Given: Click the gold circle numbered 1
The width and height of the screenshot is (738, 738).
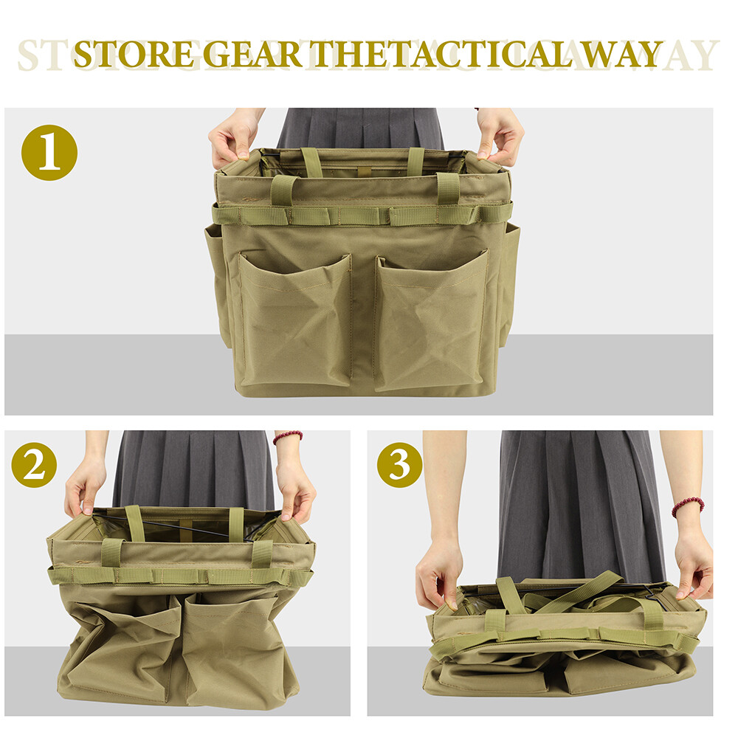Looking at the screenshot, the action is pyautogui.click(x=49, y=153).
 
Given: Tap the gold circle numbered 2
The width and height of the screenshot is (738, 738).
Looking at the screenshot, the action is pyautogui.click(x=35, y=465).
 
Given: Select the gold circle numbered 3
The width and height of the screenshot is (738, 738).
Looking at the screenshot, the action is pyautogui.click(x=399, y=465).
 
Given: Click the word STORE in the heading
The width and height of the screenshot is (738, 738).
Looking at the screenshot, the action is pyautogui.click(x=134, y=55).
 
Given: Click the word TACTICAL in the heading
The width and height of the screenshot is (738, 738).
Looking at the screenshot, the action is pyautogui.click(x=486, y=55).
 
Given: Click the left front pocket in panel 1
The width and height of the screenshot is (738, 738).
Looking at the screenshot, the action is pyautogui.click(x=295, y=320).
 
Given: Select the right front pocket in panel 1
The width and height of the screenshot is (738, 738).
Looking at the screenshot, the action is pyautogui.click(x=432, y=320).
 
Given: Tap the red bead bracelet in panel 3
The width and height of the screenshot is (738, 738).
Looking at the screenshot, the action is pyautogui.click(x=688, y=507).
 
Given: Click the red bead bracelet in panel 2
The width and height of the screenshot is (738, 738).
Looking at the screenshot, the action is pyautogui.click(x=288, y=437).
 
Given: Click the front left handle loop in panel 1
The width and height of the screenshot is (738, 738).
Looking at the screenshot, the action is pyautogui.click(x=283, y=189).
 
